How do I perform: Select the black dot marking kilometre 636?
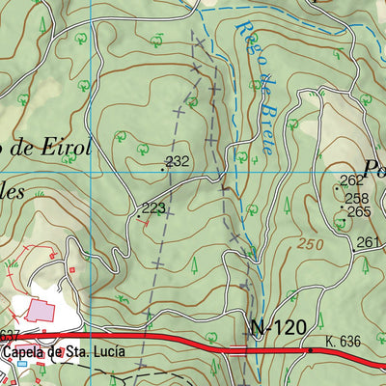pos(311,350)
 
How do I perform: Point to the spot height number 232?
pos(178,161)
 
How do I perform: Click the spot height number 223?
pos(153,207)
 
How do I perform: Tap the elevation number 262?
pos(351,180)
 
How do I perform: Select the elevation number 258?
pos(357,198)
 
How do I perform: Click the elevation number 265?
pos(359,211)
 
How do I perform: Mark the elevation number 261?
pos(368,241)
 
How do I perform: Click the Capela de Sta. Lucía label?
pos(63,352)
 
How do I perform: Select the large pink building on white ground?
pos(41,311)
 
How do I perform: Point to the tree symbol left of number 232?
pos(143,149)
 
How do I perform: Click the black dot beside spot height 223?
pos(147,216)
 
